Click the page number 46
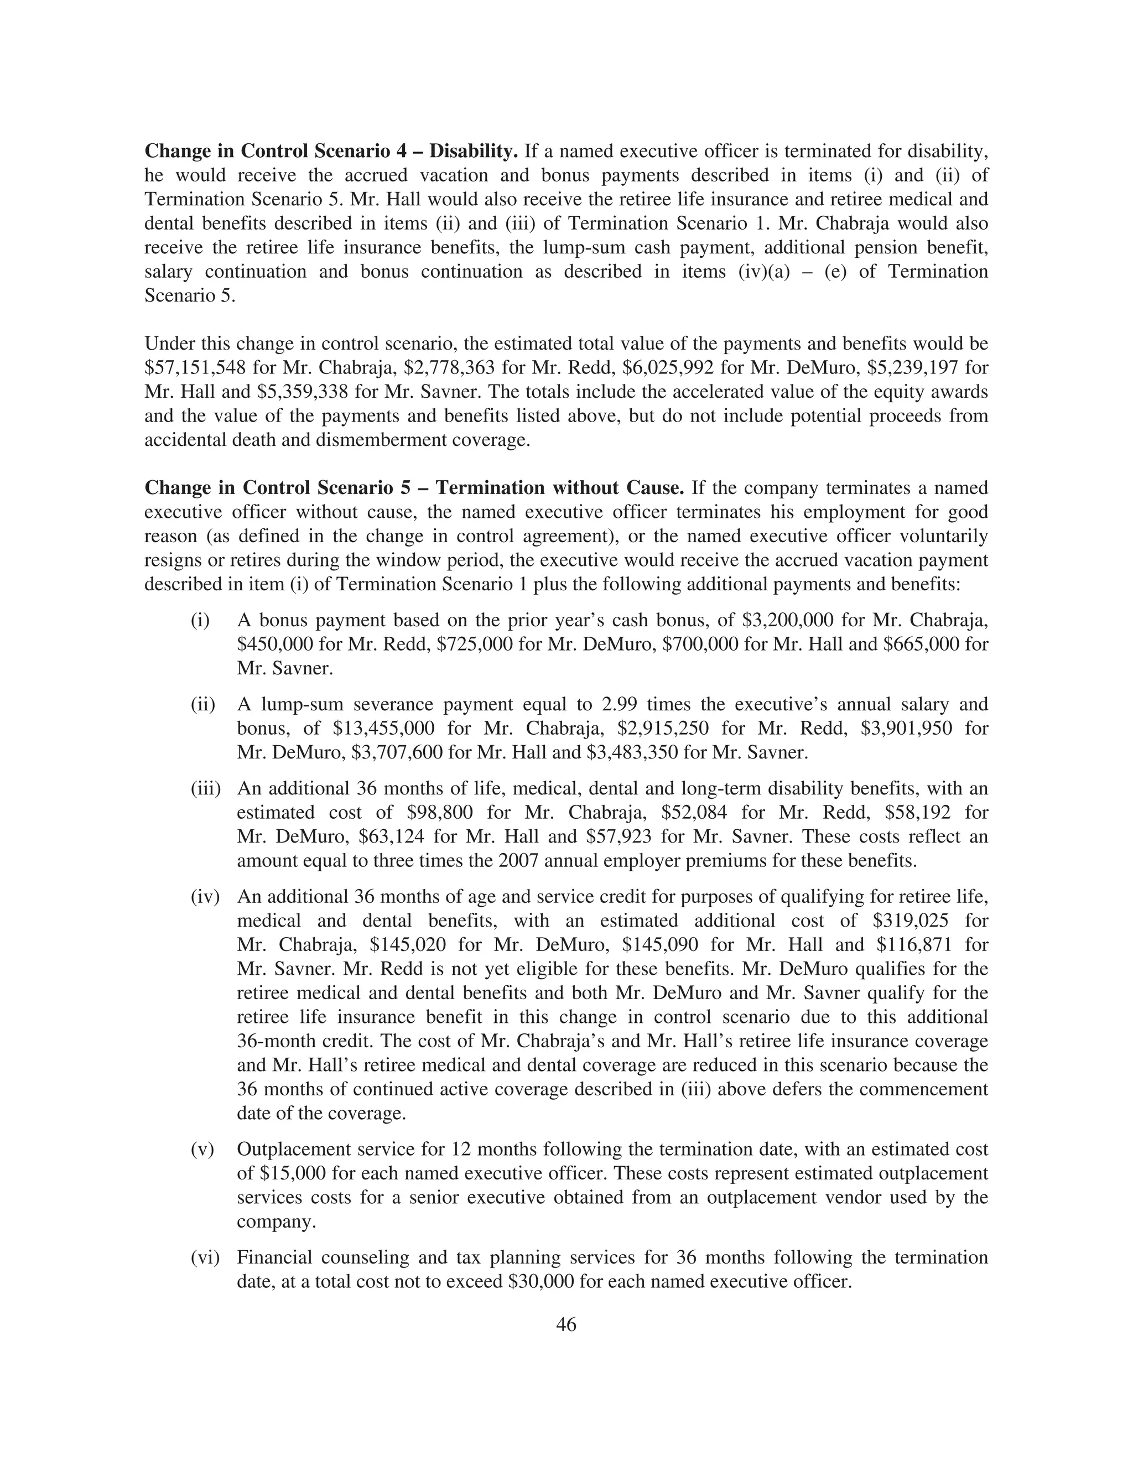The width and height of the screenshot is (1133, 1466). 566,1324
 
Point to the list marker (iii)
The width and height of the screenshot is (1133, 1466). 206,789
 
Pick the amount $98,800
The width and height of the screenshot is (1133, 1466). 440,813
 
